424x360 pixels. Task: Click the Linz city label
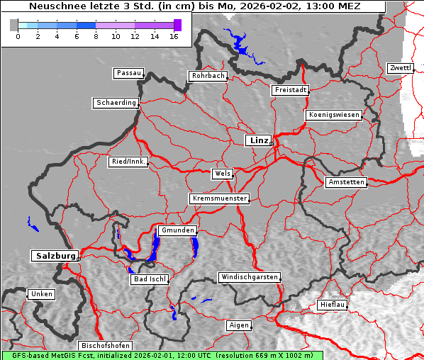258,140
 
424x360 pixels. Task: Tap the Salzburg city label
54,255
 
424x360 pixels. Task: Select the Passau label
128,73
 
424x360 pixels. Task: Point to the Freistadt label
290,90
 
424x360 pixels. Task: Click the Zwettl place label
400,68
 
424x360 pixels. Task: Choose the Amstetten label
346,182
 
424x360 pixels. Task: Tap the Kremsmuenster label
220,198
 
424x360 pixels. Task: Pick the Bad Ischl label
150,279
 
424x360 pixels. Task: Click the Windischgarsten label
248,277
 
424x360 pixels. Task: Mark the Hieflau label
333,305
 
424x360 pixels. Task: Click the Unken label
41,293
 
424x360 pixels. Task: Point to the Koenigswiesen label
334,115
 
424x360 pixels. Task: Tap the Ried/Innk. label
128,162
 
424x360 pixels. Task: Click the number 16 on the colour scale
174,36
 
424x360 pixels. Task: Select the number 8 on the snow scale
96,36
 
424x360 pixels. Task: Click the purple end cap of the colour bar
177,25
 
